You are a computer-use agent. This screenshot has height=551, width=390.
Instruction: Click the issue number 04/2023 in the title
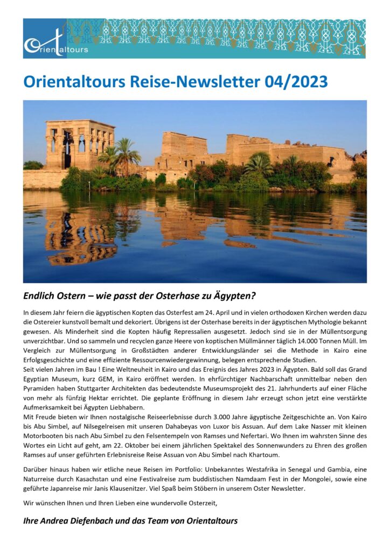(x=296, y=81)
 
